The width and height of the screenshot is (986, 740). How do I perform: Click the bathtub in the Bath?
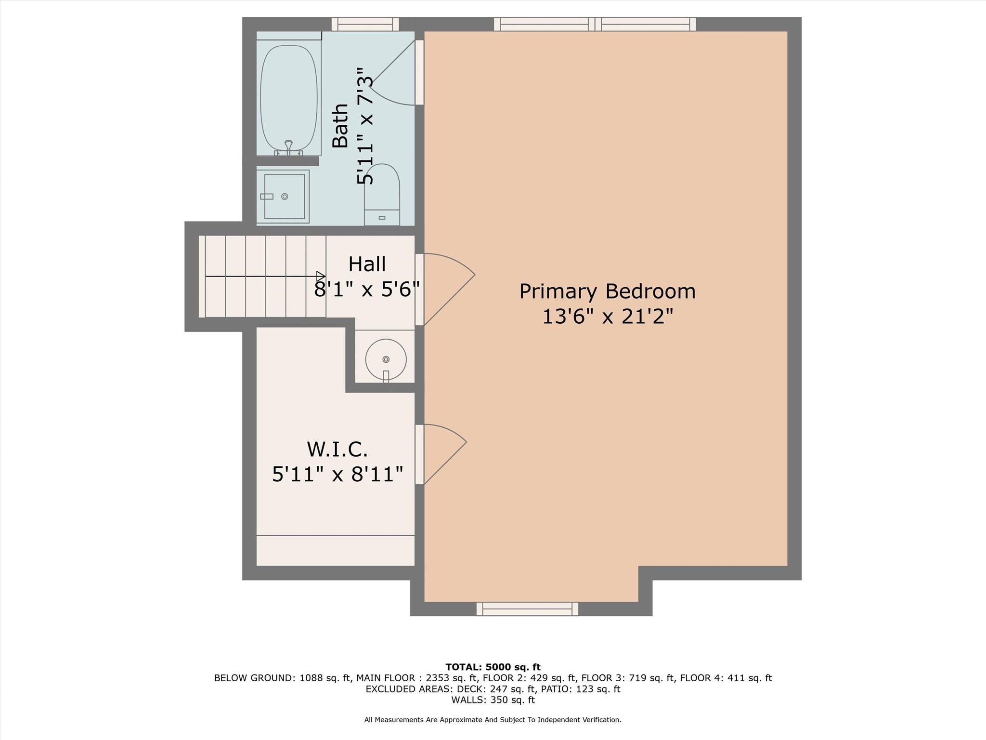(x=289, y=99)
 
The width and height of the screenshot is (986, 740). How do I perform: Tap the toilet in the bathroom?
(x=382, y=195)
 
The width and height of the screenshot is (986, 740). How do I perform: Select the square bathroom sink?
(x=284, y=197)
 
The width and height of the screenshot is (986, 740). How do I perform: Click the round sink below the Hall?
(x=386, y=359)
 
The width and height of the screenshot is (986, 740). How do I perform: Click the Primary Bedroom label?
(x=607, y=291)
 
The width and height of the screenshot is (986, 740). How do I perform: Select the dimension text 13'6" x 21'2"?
(x=607, y=317)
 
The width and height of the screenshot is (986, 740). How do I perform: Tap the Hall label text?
(x=367, y=264)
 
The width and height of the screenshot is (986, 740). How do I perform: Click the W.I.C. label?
(x=337, y=449)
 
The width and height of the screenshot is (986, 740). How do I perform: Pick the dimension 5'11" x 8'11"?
(x=337, y=475)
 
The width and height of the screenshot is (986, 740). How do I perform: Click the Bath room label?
(x=341, y=126)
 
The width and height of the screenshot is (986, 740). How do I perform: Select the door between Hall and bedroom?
(x=445, y=289)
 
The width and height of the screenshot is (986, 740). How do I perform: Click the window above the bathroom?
(x=365, y=24)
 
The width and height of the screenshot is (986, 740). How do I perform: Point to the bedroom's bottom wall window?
(x=527, y=609)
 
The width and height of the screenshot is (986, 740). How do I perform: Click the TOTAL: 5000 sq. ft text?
(x=493, y=667)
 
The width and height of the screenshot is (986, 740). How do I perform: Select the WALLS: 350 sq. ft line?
(x=493, y=700)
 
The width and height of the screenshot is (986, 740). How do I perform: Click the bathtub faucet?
(x=288, y=146)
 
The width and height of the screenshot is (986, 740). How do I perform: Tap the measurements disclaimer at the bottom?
(x=493, y=720)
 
